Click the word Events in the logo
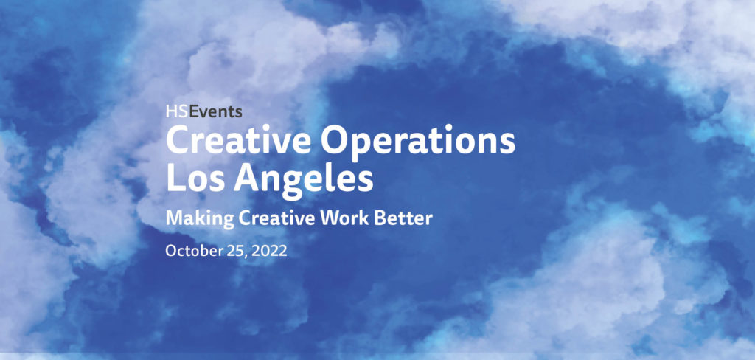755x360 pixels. coord(213,113)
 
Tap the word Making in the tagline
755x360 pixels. coord(194,219)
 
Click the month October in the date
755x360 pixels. coord(193,251)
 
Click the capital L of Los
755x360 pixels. coord(174,179)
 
